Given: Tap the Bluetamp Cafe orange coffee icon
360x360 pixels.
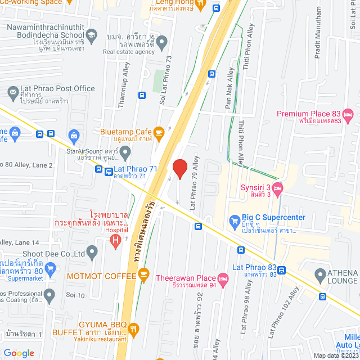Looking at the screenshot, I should point(159,133).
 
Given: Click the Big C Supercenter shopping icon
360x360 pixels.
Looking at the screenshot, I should point(235,220).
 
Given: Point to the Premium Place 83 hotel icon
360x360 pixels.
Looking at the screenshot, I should point(348,116).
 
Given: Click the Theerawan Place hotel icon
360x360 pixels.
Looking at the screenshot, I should point(223,278).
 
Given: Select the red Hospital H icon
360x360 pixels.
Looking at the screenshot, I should point(116,241).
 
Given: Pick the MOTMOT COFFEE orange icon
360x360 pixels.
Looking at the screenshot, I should point(143,274).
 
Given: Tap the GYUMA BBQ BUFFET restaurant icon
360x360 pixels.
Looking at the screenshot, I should point(133,328).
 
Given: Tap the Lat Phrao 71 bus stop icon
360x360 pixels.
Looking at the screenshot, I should point(100,169).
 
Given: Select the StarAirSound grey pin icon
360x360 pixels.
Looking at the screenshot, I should point(125,151).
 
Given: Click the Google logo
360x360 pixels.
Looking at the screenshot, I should point(19,353).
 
